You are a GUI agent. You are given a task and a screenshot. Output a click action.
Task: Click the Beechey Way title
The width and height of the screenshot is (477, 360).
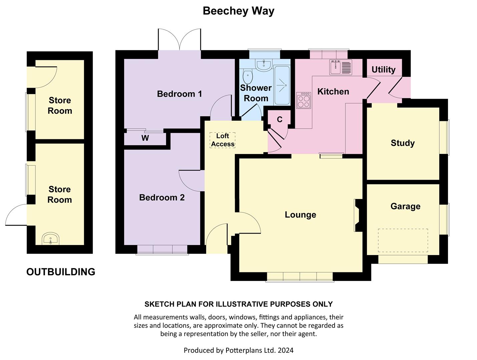[238, 11]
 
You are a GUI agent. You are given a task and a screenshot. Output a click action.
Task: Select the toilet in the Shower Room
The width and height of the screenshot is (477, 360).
[248, 76]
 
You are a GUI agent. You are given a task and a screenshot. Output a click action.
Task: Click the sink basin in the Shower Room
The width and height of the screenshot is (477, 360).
[264, 65]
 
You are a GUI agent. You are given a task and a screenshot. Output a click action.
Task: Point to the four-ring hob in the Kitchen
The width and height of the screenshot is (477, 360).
[304, 100]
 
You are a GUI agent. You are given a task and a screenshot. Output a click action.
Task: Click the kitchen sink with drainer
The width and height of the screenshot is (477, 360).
[341, 67]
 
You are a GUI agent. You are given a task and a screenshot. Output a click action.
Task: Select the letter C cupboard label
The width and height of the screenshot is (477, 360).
[280, 119]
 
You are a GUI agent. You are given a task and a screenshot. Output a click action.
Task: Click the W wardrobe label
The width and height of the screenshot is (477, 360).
[145, 138]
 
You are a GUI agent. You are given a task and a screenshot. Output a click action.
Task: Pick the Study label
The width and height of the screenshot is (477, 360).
[403, 143]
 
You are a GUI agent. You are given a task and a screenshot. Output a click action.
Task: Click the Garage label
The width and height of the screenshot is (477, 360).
[405, 206]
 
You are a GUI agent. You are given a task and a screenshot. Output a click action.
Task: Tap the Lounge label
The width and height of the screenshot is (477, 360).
[300, 215]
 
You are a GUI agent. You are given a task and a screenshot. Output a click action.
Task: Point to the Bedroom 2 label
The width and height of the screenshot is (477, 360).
[162, 197]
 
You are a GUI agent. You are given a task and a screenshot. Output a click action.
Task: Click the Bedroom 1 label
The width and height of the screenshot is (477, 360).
[179, 94]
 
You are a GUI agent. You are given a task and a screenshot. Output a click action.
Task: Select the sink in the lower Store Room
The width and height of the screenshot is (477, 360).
[50, 239]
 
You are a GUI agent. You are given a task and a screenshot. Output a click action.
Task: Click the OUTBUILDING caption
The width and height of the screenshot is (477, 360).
[61, 272]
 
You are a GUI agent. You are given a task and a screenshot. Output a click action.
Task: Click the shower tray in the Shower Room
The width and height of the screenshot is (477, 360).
[282, 85]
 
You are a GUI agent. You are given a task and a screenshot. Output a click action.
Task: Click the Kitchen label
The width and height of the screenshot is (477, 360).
[333, 92]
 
